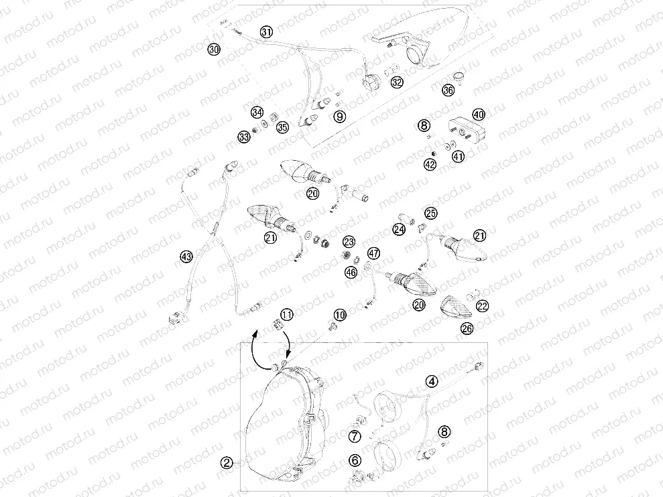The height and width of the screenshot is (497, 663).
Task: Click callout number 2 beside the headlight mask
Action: [227, 462]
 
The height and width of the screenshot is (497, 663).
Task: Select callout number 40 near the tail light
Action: [478, 115]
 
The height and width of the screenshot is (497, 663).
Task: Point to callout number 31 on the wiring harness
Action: [266, 32]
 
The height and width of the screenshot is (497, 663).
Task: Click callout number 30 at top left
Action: [213, 50]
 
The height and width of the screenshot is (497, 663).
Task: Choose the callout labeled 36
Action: [448, 90]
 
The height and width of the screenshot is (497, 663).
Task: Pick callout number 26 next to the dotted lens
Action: [467, 328]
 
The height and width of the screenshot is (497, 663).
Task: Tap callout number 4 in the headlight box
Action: [432, 381]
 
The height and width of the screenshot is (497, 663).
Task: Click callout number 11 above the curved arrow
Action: [286, 313]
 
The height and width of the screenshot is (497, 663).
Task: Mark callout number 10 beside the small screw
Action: [340, 314]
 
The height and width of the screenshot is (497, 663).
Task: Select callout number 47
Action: [373, 253]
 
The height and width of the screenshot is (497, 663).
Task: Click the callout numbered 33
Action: [243, 137]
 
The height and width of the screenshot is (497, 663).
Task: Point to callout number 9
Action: [340, 117]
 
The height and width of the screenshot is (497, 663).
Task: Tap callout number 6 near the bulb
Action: [355, 460]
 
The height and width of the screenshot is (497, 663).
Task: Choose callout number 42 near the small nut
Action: [430, 163]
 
